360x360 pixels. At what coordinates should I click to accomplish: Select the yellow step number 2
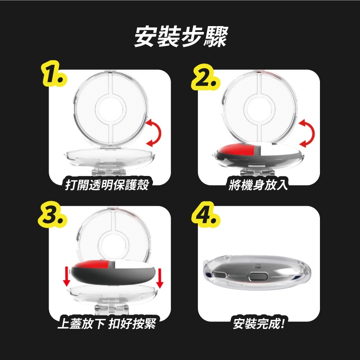[206, 77]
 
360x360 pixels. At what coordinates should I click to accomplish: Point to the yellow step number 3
[53, 215]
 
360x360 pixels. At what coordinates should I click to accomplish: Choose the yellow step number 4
[206, 215]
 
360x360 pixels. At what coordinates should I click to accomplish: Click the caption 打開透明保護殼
[107, 184]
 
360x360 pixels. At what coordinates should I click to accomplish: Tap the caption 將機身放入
[258, 184]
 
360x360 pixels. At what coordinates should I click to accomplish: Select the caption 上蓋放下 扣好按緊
[107, 323]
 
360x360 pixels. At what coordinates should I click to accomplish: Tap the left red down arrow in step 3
[67, 276]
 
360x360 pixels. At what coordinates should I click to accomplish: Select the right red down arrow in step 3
[160, 278]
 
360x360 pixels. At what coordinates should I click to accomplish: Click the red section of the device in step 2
[237, 150]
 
